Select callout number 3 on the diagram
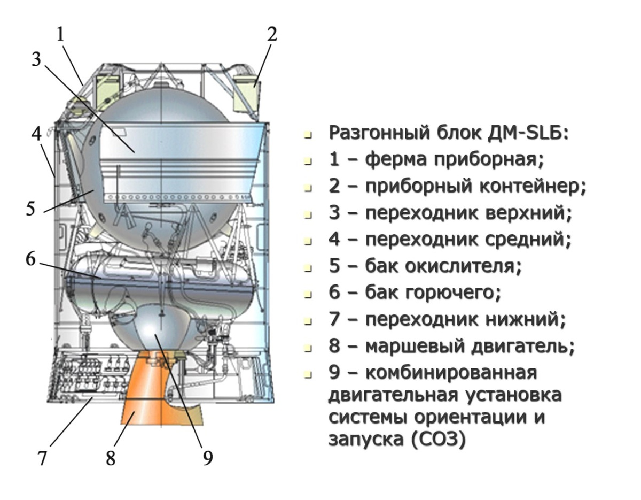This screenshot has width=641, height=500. (36, 59)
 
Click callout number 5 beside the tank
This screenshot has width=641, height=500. (32, 208)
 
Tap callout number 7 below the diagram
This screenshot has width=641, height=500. (43, 458)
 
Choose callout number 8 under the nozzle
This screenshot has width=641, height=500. (111, 458)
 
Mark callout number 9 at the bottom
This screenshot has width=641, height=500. (207, 458)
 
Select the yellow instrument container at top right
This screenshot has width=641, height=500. (247, 91)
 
